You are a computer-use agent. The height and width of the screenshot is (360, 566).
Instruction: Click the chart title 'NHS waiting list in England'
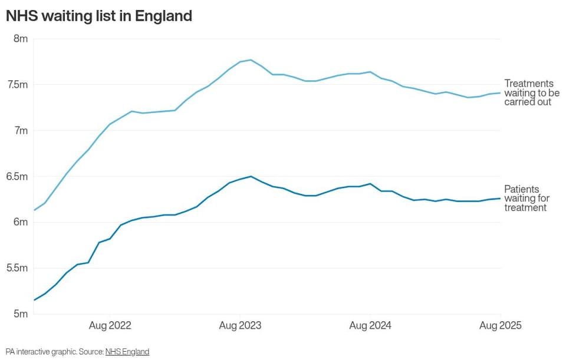click(x=99, y=16)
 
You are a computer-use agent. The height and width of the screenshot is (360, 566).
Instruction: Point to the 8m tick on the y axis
click(x=21, y=39)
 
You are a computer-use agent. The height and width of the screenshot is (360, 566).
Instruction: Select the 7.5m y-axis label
click(x=17, y=85)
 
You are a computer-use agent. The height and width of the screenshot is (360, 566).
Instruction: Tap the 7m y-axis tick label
click(x=21, y=131)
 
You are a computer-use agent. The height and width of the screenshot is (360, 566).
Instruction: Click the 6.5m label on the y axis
click(x=17, y=176)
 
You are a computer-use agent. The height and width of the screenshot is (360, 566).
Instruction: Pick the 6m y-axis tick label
click(x=21, y=222)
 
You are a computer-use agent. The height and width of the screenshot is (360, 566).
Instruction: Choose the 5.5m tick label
click(x=17, y=268)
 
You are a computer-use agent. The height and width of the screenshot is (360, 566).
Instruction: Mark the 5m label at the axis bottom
click(x=21, y=314)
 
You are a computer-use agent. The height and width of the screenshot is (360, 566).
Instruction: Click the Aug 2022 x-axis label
click(x=110, y=326)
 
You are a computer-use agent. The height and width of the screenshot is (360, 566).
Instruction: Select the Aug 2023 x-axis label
click(x=240, y=326)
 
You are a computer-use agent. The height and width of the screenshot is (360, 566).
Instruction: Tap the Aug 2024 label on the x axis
click(x=370, y=326)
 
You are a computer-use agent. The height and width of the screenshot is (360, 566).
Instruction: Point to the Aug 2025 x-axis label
click(x=501, y=326)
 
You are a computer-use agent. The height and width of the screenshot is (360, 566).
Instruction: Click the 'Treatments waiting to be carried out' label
click(x=532, y=93)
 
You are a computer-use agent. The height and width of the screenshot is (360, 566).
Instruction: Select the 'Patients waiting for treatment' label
click(x=526, y=199)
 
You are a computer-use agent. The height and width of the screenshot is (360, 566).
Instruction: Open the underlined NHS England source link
click(x=127, y=352)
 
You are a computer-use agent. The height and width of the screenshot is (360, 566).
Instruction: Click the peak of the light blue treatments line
click(x=251, y=60)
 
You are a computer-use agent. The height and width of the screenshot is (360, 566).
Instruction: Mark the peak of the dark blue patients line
click(x=251, y=176)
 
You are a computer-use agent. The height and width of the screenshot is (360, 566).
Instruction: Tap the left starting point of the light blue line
click(x=34, y=210)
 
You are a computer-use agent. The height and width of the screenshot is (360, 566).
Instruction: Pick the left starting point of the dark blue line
click(x=34, y=300)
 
